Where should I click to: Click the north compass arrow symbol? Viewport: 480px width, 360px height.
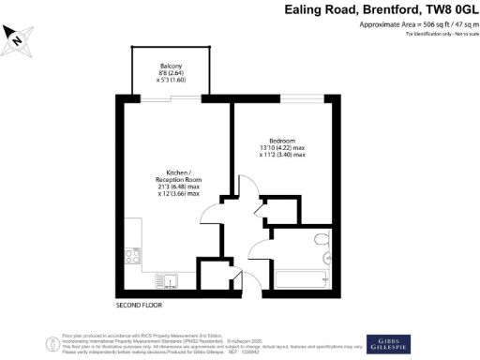[17, 37]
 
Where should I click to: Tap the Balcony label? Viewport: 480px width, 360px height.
[171, 65]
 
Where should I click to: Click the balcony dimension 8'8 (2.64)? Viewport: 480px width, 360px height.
[171, 72]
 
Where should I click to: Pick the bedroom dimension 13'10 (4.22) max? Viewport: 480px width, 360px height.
[283, 147]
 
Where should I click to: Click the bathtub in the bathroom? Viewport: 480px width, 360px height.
[299, 278]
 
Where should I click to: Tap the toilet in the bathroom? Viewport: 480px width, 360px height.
[321, 240]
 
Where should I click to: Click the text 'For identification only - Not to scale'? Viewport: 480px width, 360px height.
[440, 34]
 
